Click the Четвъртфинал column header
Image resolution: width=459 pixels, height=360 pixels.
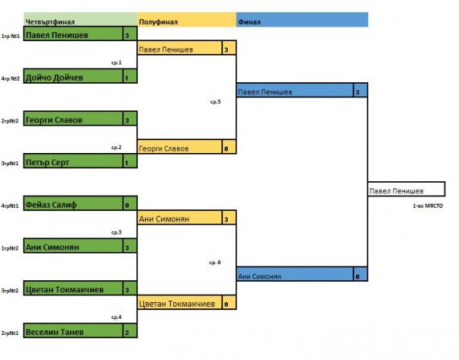pyautogui.click(x=50, y=22)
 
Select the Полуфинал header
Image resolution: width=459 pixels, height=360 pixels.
pyautogui.click(x=159, y=22)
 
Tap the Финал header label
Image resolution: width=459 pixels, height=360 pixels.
pyautogui.click(x=249, y=22)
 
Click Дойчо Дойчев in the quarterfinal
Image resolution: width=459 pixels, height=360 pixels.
pyautogui.click(x=73, y=76)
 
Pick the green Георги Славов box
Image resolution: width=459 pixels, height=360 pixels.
pyautogui.click(x=73, y=118)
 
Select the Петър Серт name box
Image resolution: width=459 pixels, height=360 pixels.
pyautogui.click(x=73, y=161)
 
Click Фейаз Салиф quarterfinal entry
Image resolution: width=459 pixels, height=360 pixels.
pyautogui.click(x=73, y=204)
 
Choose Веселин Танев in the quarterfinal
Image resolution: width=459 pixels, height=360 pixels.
pyautogui.click(x=73, y=331)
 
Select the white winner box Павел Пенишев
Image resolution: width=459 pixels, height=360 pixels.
pyautogui.click(x=407, y=189)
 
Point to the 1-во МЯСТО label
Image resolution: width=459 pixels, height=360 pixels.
pyautogui.click(x=428, y=205)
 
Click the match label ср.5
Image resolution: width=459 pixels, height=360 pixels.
pyautogui.click(x=216, y=101)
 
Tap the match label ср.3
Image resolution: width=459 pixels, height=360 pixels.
pyautogui.click(x=116, y=233)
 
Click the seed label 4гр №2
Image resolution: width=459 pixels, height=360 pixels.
pyautogui.click(x=10, y=78)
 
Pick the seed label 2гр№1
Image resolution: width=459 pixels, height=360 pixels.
pyautogui.click(x=10, y=333)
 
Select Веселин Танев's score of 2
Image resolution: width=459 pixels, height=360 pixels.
pyautogui.click(x=130, y=331)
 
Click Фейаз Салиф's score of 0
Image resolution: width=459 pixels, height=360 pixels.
pyautogui.click(x=130, y=204)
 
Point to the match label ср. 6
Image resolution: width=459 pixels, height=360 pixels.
pyautogui.click(x=215, y=263)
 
